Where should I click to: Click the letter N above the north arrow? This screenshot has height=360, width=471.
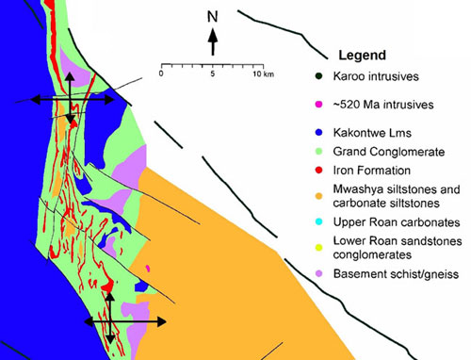tap(213, 16)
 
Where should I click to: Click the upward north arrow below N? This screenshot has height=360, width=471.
tap(213, 41)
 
